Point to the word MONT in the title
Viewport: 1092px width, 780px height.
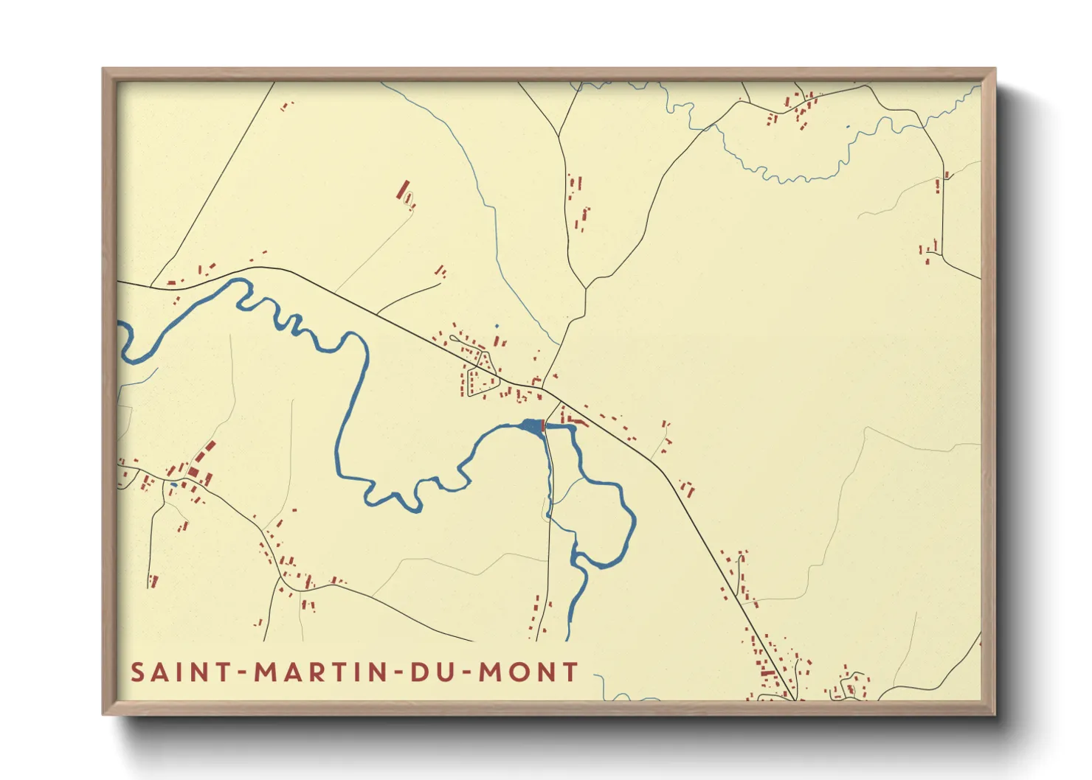pos(528,672)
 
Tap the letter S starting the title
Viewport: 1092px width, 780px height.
pos(138,672)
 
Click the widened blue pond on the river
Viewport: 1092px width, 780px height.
pos(531,425)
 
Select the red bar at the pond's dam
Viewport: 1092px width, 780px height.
pos(543,425)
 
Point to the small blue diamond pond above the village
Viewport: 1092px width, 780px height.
pos(497,326)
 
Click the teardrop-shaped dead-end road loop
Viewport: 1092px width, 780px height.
pos(410,200)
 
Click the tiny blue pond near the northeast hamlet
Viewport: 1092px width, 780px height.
pos(848,128)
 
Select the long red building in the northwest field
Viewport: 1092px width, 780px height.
pos(402,189)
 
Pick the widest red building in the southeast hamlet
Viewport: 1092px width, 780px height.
pos(768,672)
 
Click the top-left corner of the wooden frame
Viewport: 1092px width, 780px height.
pos(104,69)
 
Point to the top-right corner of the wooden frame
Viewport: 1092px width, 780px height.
pos(994,69)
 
